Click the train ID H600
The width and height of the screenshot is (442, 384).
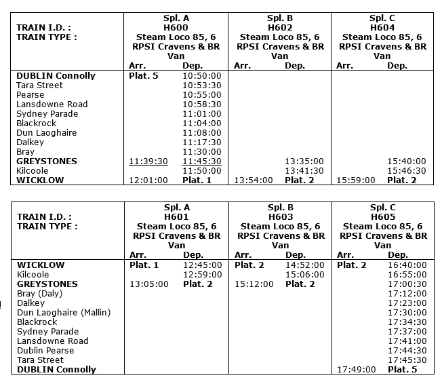tap(177, 27)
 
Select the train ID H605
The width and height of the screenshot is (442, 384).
tap(383, 216)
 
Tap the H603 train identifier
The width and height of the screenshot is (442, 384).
tap(280, 216)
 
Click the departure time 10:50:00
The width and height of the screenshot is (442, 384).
tap(202, 76)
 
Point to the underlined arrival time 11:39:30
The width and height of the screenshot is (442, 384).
tap(148, 161)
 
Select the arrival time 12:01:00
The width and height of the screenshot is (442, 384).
tap(148, 180)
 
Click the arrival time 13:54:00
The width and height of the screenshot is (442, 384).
tap(254, 180)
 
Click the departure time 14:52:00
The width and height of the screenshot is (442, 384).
tap(305, 265)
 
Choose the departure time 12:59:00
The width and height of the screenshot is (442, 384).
tap(202, 275)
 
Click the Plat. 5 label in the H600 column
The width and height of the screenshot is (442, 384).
tap(143, 76)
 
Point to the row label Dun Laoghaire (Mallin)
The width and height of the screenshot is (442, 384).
tap(63, 313)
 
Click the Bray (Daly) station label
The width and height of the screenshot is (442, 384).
tap(39, 294)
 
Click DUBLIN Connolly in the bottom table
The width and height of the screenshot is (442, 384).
tap(56, 370)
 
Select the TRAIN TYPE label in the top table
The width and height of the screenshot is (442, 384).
tap(47, 37)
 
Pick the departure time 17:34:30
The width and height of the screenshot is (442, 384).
tap(407, 322)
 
